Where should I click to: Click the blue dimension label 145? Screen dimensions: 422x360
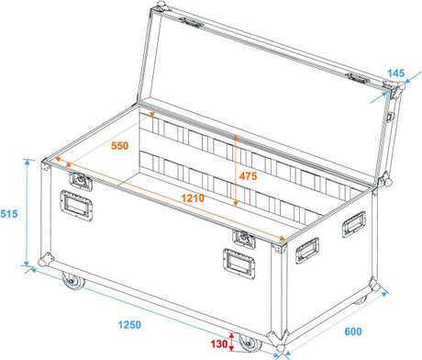[396, 73]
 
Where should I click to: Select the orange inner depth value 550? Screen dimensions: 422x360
[119, 146]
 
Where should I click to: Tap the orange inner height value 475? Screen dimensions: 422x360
[248, 176]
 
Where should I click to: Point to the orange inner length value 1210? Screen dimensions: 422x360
[193, 198]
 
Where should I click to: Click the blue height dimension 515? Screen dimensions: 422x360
[9, 214]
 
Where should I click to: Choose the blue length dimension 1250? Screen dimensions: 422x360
[129, 324]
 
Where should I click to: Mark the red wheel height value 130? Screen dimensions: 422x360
[219, 343]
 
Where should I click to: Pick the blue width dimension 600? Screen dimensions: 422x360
[353, 332]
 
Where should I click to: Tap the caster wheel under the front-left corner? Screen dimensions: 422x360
[72, 281]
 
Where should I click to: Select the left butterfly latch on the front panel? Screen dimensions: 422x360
[81, 181]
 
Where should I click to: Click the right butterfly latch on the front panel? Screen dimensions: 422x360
[244, 238]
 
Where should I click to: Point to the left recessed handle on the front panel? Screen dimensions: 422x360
[76, 205]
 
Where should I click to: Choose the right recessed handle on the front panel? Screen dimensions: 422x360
[239, 264]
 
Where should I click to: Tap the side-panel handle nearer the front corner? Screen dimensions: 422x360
[307, 250]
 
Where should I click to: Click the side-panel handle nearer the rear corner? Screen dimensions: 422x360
[354, 224]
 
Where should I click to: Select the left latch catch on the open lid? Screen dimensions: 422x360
[192, 23]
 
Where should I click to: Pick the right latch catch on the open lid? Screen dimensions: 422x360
[358, 78]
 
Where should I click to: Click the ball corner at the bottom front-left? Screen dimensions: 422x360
[46, 260]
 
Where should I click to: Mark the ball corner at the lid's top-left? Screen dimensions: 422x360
[161, 6]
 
